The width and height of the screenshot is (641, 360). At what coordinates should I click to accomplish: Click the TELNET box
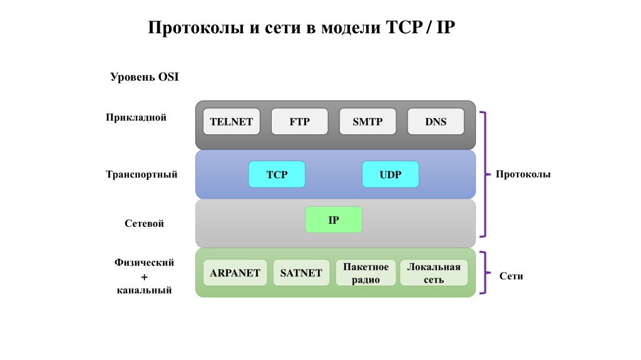[232, 121]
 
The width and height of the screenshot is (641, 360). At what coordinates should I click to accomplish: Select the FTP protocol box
[300, 121]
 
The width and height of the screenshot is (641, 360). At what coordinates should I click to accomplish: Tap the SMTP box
[367, 121]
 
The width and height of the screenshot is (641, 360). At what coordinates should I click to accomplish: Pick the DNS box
[436, 121]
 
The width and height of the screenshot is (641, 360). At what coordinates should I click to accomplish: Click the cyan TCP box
[277, 174]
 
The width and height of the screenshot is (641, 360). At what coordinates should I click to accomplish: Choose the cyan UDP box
[391, 174]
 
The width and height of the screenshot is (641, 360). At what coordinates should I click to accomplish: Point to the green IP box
[334, 219]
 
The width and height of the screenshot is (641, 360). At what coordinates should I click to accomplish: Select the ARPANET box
[235, 272]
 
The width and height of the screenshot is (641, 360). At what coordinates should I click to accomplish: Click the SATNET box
[301, 272]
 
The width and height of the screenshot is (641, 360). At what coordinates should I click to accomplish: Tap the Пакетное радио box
[366, 272]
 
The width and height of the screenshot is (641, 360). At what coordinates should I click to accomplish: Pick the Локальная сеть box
[434, 272]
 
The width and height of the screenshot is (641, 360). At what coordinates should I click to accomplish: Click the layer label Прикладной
[136, 117]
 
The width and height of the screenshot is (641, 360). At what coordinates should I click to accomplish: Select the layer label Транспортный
[141, 174]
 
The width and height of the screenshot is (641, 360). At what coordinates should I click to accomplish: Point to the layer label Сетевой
[144, 223]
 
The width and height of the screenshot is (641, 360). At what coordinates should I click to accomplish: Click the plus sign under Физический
[145, 277]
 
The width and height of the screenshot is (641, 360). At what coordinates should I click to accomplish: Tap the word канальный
[145, 290]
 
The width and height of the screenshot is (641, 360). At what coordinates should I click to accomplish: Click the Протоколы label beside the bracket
[523, 174]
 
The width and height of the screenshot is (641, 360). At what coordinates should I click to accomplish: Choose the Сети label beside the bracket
[511, 276]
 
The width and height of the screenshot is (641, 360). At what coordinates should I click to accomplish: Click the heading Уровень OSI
[145, 77]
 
